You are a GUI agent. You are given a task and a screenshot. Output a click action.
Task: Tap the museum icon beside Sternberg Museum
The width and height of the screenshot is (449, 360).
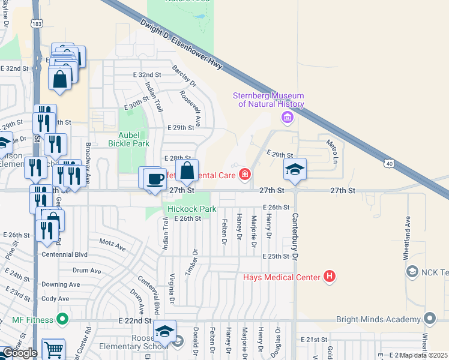[x=288, y=118]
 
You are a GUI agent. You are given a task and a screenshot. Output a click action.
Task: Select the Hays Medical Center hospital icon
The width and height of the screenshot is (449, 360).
[x=329, y=277]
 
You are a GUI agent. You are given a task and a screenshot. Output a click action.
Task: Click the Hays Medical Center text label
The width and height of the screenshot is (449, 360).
[x=282, y=277]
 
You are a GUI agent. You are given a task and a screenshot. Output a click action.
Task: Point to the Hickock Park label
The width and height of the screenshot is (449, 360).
[x=191, y=209]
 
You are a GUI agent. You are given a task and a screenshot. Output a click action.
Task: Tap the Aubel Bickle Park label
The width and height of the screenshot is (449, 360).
[x=128, y=139]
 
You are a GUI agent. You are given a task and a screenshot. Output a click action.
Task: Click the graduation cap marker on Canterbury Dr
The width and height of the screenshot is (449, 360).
[x=295, y=170]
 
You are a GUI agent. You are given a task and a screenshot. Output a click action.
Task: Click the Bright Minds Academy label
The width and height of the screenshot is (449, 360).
[x=387, y=319]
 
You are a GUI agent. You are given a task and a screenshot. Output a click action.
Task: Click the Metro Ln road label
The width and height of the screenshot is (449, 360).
[x=331, y=151]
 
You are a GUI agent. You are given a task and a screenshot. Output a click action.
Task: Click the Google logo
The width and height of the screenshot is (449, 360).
[x=20, y=353]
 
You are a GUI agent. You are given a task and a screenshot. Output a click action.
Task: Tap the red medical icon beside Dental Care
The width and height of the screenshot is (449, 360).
[x=244, y=175]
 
